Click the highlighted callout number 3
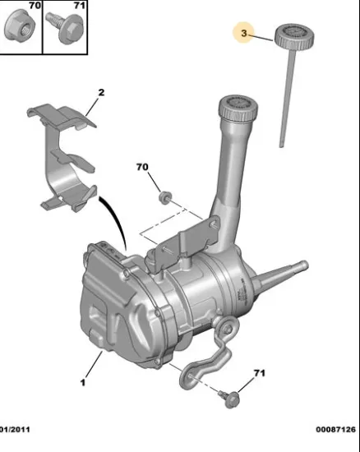click(244, 33)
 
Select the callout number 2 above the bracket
click(101, 93)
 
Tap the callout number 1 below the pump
click(83, 382)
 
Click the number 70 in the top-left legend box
click(35, 5)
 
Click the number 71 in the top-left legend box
click(80, 5)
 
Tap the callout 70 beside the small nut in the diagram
click(142, 167)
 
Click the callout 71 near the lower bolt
click(259, 373)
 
